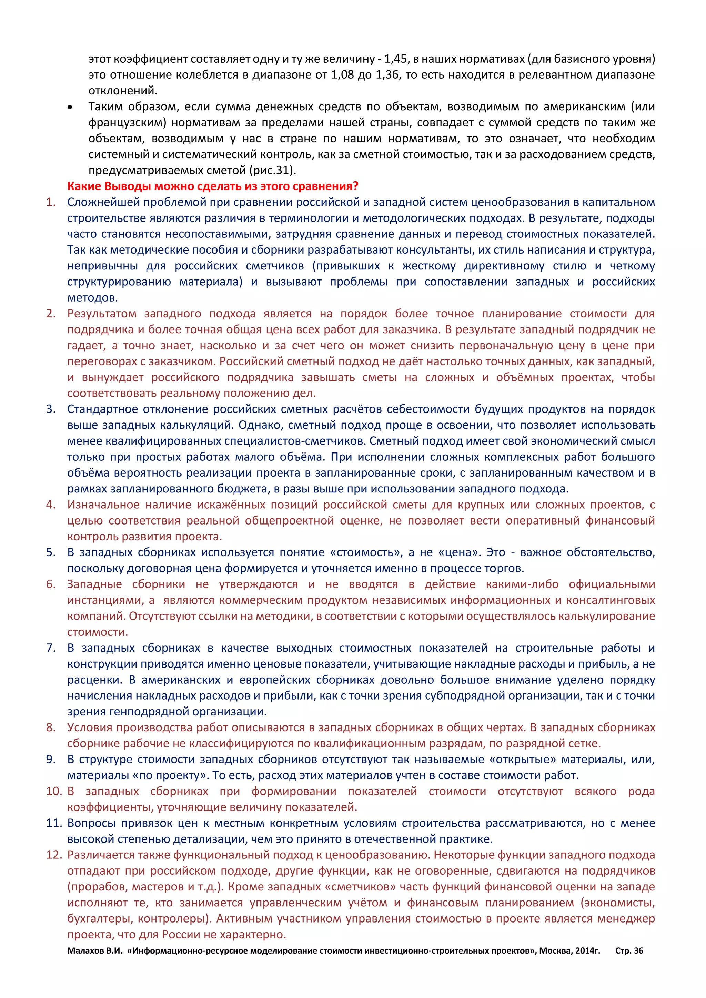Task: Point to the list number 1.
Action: pyautogui.click(x=51, y=202)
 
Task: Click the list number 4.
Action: pyautogui.click(x=51, y=505)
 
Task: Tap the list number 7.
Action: pyautogui.click(x=51, y=648)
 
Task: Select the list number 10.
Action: pyautogui.click(x=54, y=791)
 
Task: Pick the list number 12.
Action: pyautogui.click(x=54, y=855)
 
